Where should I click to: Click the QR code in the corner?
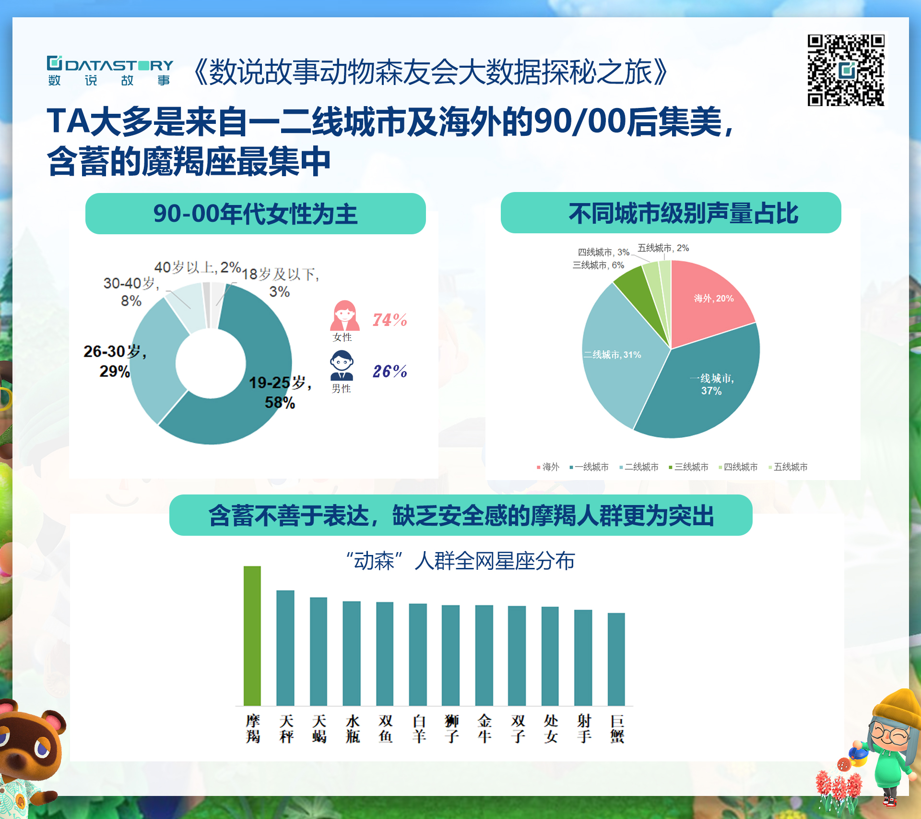[846, 70]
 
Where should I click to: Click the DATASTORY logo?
[110, 71]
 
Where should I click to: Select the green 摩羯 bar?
[252, 636]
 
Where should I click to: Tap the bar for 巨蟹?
[616, 659]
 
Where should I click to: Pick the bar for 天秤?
[285, 648]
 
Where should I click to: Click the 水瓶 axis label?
[353, 728]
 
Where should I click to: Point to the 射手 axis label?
[584, 728]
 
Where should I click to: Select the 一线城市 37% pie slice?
[705, 389]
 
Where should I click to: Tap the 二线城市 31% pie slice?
[619, 355]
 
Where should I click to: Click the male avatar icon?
[342, 365]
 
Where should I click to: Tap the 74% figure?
[390, 320]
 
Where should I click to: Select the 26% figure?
[390, 371]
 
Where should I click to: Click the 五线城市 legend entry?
[788, 467]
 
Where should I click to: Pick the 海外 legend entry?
[548, 467]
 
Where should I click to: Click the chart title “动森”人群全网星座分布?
[460, 561]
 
